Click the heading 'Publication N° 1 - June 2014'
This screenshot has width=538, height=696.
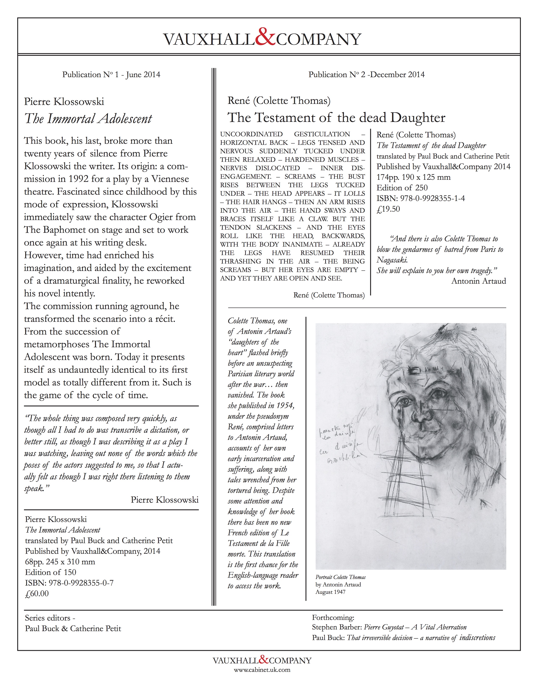click(x=111, y=75)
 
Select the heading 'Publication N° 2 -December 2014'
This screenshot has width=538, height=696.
click(x=366, y=75)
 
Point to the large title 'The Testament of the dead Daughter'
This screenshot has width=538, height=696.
click(x=336, y=118)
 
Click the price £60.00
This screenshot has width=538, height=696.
click(x=37, y=593)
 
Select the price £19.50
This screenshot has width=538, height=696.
click(x=388, y=209)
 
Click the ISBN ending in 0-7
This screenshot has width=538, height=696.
click(x=69, y=583)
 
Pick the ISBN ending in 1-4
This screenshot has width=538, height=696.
click(x=420, y=198)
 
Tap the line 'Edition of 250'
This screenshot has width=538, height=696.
click(x=402, y=188)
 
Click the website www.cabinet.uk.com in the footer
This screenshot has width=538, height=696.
click(x=262, y=669)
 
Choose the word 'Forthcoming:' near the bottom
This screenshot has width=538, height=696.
click(x=333, y=618)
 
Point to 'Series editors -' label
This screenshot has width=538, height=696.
click(x=50, y=618)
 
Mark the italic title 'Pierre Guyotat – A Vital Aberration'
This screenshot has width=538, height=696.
click(x=415, y=627)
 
